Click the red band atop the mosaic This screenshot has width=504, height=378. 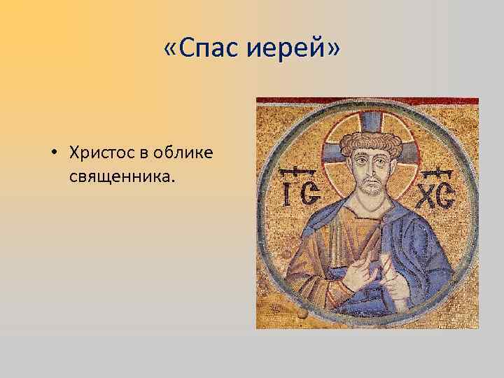367,101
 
